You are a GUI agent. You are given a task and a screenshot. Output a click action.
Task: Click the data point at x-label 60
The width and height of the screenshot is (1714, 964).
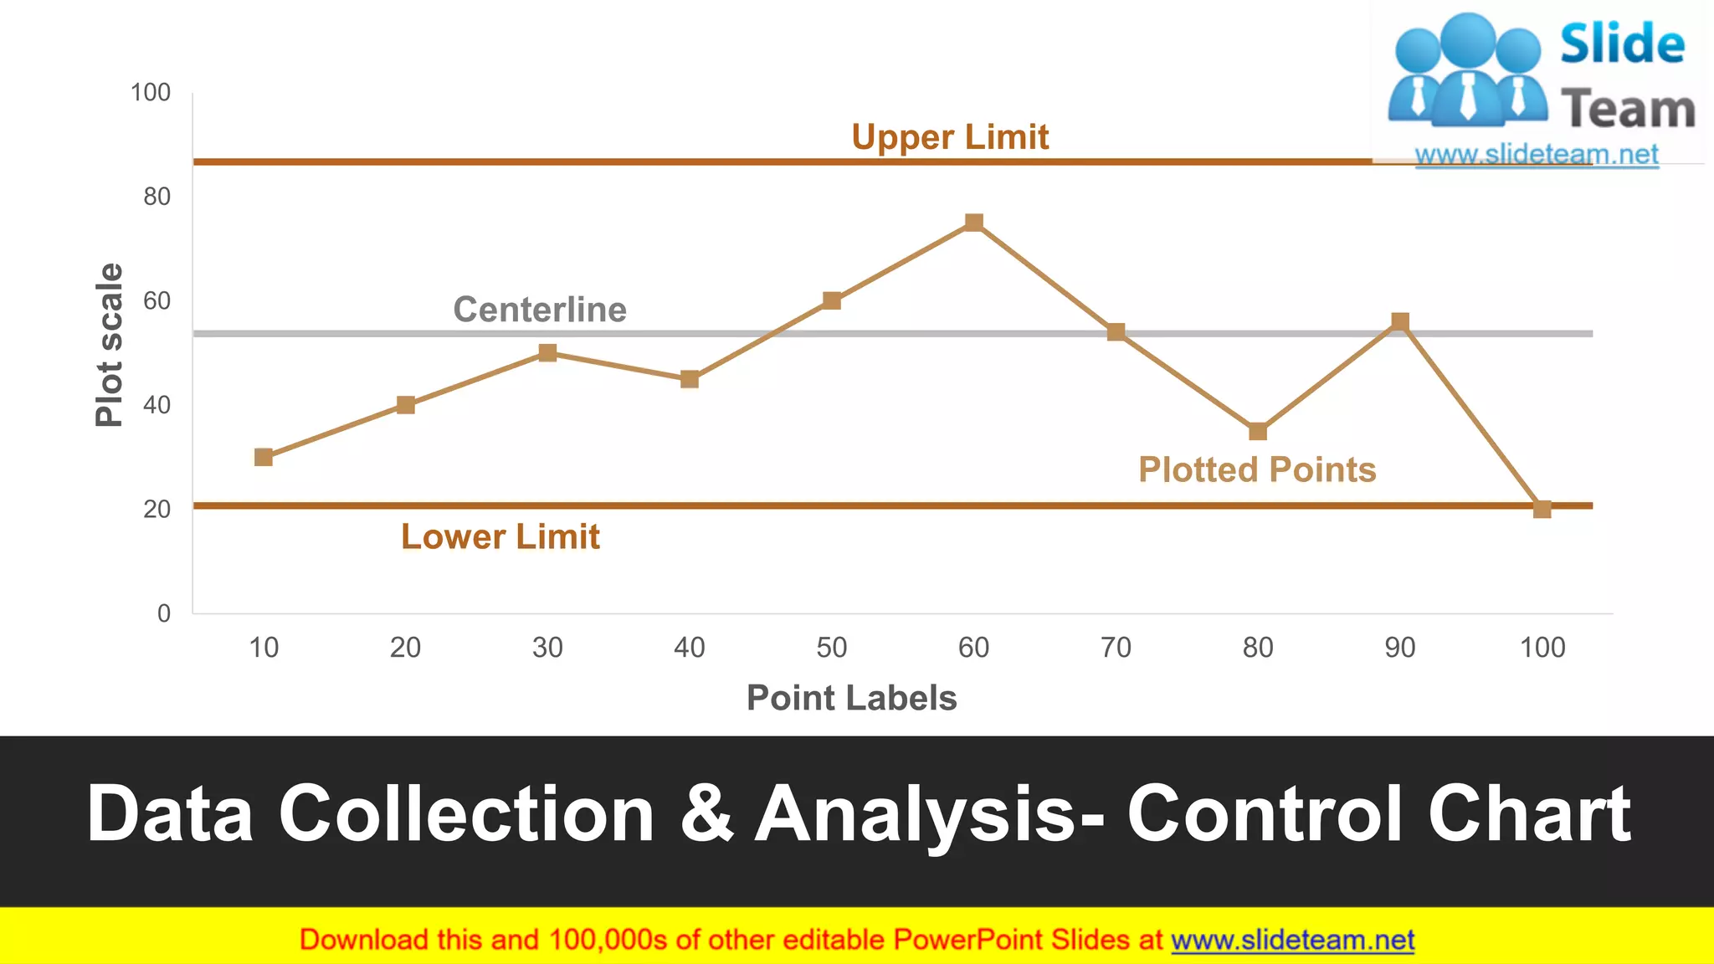pos(973,223)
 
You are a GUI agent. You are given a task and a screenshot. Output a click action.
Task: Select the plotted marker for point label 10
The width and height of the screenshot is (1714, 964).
pos(264,457)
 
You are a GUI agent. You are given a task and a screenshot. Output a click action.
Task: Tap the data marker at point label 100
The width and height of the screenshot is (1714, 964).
pos(1542,509)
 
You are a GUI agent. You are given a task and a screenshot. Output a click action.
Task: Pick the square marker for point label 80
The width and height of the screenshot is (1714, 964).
pos(1257,432)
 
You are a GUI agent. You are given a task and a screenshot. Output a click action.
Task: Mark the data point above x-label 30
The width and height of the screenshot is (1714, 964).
pos(547,353)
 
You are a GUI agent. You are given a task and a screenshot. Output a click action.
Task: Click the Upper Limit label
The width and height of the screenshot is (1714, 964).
pos(950,137)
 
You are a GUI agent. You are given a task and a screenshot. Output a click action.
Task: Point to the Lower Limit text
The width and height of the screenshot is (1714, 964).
pos(500,537)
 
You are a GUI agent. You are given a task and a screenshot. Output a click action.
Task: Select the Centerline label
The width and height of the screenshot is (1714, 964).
pos(540,310)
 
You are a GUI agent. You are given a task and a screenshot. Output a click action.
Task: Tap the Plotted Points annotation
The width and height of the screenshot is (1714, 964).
pos(1257,470)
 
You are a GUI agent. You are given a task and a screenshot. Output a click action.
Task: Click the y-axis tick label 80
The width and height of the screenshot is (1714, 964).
pos(157,197)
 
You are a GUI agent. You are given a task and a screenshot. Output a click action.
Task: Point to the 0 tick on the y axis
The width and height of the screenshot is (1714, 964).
pos(164,613)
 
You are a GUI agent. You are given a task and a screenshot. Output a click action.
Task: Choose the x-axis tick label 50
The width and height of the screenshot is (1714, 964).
pos(832,648)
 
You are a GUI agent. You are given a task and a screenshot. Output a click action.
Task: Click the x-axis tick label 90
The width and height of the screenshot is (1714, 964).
pos(1399,648)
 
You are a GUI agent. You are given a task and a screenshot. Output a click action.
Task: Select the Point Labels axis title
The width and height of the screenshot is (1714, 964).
pos(851,698)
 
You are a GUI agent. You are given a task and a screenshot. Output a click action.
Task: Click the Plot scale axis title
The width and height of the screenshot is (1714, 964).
pos(110,345)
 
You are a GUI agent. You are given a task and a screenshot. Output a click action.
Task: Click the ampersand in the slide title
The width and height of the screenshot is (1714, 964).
pos(706,813)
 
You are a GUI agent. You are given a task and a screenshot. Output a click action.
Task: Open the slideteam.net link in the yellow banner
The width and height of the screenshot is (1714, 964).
pos(1292,941)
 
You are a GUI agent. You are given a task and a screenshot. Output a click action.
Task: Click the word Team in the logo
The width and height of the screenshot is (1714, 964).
pos(1628,110)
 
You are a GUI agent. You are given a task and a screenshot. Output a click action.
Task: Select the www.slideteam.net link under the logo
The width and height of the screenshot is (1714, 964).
pos(1537,155)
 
